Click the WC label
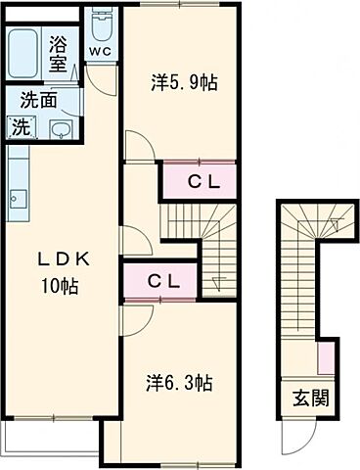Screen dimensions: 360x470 pos(101,51)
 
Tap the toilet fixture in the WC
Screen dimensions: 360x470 pos(102,24)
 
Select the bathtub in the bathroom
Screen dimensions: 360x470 pos(22,54)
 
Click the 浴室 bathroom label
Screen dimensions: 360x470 pos(58,54)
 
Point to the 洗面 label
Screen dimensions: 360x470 pos(39,100)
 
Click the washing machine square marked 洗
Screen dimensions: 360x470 pos(22,127)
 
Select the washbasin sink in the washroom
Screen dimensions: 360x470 pos(62,129)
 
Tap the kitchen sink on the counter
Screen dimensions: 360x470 pos(18,199)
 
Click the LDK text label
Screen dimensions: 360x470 pos(64,260)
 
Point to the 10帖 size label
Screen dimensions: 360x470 pos(59,287)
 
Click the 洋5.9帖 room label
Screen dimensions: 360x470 pos(184,82)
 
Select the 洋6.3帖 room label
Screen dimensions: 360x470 pos(179,383)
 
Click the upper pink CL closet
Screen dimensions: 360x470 pos(200,180)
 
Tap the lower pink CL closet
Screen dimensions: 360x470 pos(160,281)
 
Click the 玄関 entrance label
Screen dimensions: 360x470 pos(310,398)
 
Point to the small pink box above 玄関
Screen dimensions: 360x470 pos(326,358)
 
